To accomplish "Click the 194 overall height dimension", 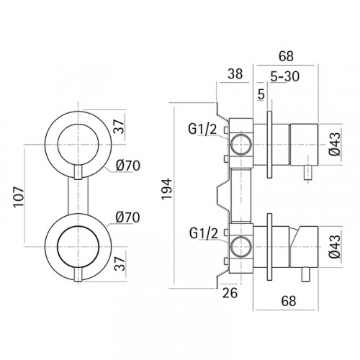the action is tap(167, 189).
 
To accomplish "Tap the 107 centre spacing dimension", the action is tap(19, 197).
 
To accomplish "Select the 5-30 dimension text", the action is tap(285, 76).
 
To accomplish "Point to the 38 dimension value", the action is tap(235, 73).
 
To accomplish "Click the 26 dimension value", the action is tap(230, 292).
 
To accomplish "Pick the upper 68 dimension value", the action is tap(286, 56).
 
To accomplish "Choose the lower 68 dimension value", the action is tap(289, 301).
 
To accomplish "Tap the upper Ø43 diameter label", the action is tap(335, 144).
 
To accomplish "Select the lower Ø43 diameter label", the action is tap(335, 246).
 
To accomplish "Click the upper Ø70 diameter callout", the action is tap(128, 166).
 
